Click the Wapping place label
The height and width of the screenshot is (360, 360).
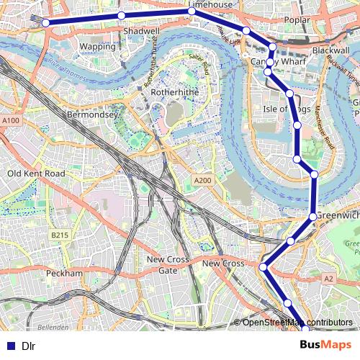coord(96,46)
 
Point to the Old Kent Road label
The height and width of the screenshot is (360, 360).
coord(35,174)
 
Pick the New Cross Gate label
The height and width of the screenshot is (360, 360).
coord(168,264)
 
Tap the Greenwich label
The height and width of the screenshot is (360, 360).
coord(338,215)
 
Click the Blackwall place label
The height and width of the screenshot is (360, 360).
coord(330,51)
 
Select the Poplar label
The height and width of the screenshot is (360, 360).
coord(297,20)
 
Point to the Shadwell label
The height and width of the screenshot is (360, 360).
coord(141,32)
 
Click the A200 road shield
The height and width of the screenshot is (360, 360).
coord(203,180)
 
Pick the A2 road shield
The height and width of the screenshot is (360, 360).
coord(329,278)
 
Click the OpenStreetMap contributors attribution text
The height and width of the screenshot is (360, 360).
coord(297,322)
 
